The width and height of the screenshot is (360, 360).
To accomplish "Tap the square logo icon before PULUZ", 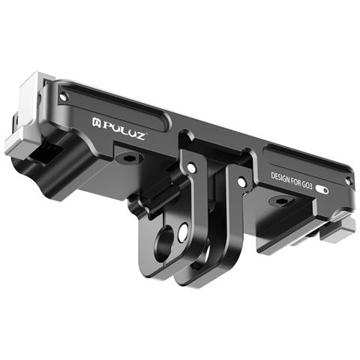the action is coord(96,122).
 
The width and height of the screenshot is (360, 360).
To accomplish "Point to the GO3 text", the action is coord(307,185).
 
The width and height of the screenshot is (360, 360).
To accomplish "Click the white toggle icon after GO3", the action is coord(322,190).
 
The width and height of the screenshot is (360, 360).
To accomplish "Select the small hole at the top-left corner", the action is coord(64,96).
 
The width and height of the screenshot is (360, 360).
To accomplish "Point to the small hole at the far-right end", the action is coord(348,181).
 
